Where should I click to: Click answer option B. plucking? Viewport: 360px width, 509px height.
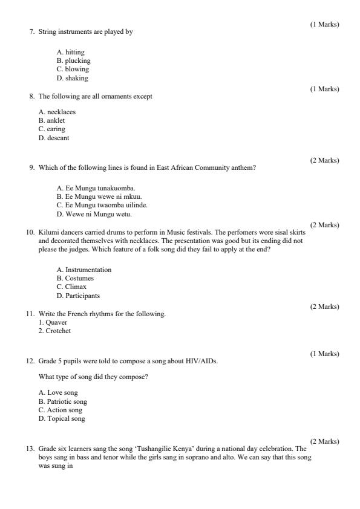(x=73, y=60)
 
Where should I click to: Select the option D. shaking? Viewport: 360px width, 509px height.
(x=72, y=78)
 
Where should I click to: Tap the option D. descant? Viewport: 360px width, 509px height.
(x=54, y=138)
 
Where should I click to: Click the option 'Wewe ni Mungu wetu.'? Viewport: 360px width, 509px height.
(x=94, y=214)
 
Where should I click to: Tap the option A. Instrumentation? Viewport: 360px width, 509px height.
(x=83, y=269)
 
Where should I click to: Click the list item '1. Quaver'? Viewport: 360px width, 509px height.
(x=53, y=322)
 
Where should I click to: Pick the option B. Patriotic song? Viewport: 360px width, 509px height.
(x=63, y=401)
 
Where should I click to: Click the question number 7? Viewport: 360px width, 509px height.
(x=31, y=31)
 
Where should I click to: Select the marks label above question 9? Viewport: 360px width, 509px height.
(x=324, y=160)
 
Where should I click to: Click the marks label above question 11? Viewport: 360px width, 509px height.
(x=324, y=306)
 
